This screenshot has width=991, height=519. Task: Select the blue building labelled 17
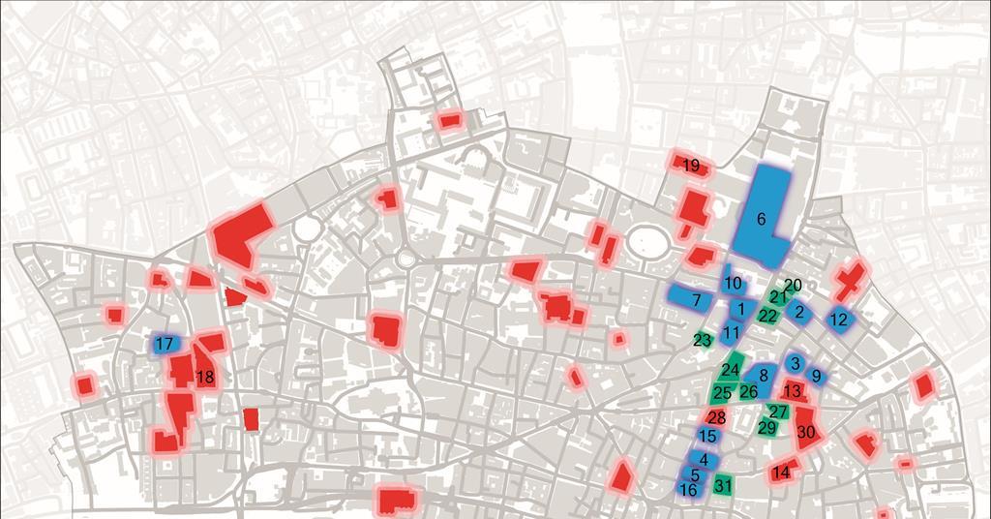pos(164,344)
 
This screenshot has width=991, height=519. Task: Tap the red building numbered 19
pos(691,166)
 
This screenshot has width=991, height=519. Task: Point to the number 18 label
pos(205,378)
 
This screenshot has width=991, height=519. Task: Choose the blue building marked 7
pos(696,300)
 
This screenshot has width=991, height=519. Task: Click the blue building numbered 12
pos(839,319)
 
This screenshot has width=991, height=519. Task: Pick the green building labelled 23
pos(703,340)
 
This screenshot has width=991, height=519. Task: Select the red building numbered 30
pos(806,431)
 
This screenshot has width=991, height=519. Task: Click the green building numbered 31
pos(722,485)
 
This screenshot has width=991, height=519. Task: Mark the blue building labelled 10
pos(733,284)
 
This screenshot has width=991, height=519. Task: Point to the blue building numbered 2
pos(799,312)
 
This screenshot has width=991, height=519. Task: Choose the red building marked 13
pos(793,391)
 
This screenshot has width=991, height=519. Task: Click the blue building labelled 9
pos(816,376)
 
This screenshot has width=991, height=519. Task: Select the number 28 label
pos(716,417)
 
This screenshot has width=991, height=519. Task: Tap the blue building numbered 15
pos(707,437)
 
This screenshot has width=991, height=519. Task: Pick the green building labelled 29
pos(767,427)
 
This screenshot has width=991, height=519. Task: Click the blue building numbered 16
pos(688,490)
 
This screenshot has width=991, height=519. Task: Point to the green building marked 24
pos(731,370)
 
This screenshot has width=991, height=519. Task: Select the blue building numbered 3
pos(795,363)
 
